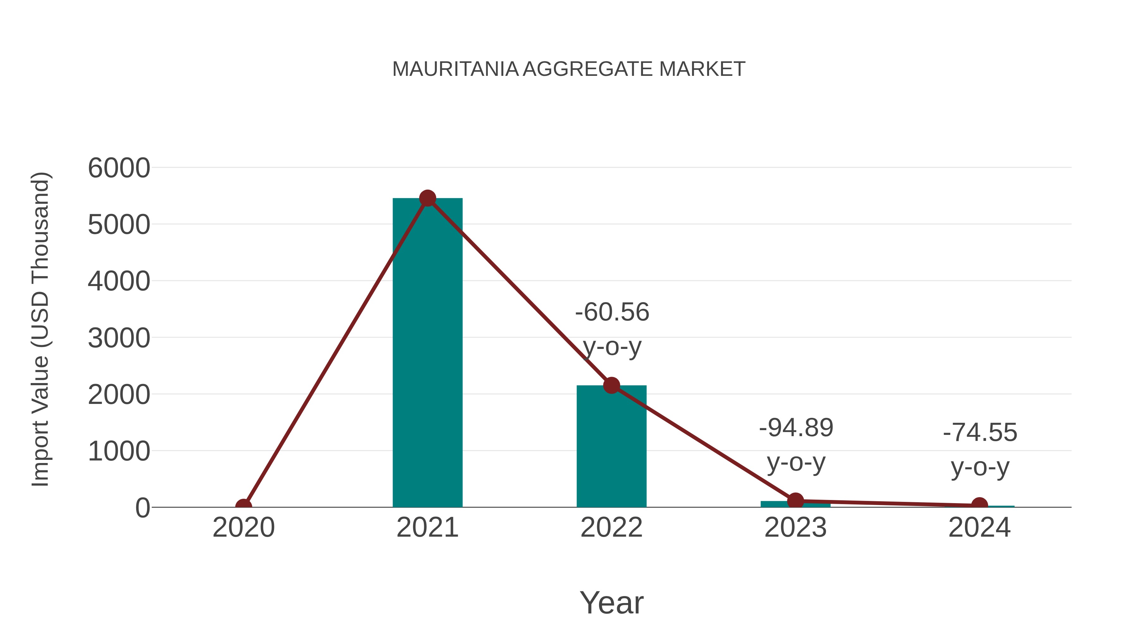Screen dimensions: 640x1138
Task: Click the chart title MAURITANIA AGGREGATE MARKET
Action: [569, 69]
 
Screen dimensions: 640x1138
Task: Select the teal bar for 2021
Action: [427, 353]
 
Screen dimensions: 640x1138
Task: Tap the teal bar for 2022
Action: [611, 446]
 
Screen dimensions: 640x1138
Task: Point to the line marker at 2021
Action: [427, 198]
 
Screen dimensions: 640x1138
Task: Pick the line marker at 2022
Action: [611, 385]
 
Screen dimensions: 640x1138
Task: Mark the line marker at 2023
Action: [795, 501]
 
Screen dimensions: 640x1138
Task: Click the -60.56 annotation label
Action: [612, 313]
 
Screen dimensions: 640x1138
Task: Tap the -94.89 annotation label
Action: [796, 428]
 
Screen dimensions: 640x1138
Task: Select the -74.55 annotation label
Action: [980, 432]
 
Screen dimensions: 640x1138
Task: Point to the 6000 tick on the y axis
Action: [119, 168]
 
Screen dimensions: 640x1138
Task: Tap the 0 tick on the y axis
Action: [143, 508]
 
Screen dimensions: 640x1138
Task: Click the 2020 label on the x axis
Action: [243, 527]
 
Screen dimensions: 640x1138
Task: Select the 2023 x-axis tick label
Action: [795, 527]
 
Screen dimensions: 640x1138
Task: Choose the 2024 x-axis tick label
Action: [979, 527]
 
